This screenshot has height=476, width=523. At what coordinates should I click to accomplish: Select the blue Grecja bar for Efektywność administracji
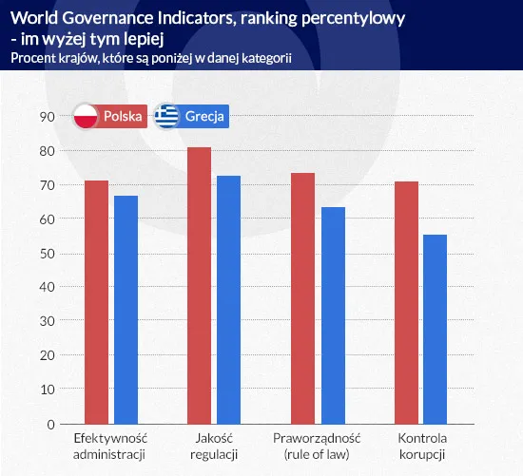tap(126, 310)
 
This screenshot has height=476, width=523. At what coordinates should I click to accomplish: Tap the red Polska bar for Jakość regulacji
tap(200, 285)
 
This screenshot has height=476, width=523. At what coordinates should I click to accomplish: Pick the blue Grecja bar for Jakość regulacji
tap(228, 299)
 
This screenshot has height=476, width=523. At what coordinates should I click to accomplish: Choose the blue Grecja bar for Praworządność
tap(331, 315)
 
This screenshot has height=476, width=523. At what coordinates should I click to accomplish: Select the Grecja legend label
tap(205, 117)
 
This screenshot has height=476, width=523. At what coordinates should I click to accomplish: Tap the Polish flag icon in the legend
tap(87, 117)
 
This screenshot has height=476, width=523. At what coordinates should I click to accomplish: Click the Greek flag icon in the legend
tap(169, 117)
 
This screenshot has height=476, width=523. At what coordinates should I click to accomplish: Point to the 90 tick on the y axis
tap(46, 116)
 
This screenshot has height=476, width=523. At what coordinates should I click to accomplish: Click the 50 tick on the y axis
tap(46, 253)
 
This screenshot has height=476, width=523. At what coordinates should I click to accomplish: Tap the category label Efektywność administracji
tap(111, 447)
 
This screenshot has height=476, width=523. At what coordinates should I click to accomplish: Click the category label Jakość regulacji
tap(214, 447)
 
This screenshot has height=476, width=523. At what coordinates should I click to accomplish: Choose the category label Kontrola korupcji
tap(421, 447)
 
